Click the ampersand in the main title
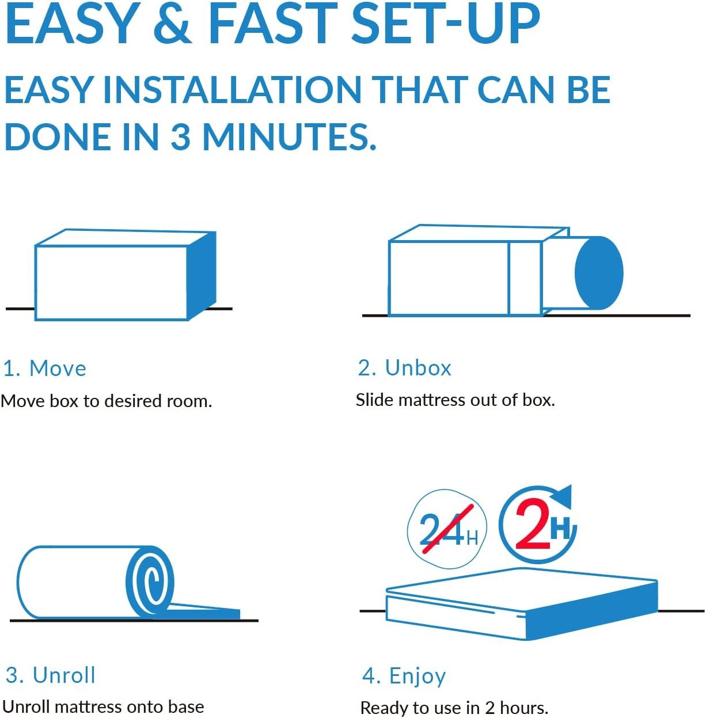173,24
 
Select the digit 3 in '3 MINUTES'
181,136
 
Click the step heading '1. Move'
45,369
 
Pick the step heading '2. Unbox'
404,368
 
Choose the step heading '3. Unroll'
51,675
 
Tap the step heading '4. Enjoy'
404,677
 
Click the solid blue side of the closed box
202,276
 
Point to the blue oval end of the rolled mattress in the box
599,273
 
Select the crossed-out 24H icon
447,529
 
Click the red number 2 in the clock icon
533,524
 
